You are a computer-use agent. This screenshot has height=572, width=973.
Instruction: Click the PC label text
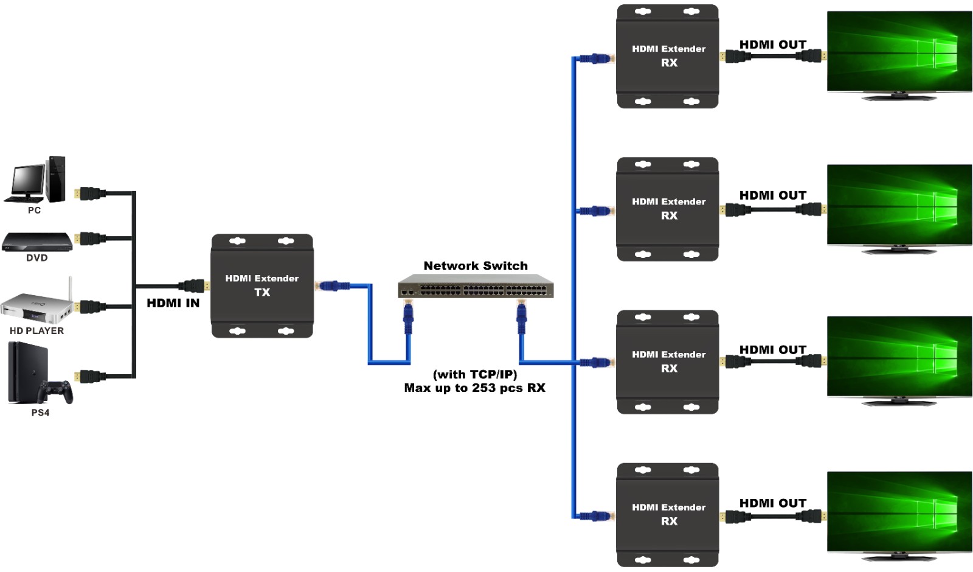[x=34, y=211]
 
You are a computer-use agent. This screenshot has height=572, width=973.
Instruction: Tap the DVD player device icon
[x=37, y=242]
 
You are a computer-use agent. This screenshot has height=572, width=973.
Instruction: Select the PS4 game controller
[x=55, y=392]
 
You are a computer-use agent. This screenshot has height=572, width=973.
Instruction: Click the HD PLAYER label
[x=37, y=331]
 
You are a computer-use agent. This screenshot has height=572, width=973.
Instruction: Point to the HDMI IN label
[x=173, y=303]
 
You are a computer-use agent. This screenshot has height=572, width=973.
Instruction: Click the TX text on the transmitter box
[x=262, y=293]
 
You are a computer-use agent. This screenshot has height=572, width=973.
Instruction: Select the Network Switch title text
[x=476, y=265]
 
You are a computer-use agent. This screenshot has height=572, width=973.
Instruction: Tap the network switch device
[x=476, y=286]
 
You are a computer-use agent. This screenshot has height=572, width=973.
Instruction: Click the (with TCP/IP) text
[x=475, y=374]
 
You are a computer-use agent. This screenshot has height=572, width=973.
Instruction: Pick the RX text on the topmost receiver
[x=670, y=63]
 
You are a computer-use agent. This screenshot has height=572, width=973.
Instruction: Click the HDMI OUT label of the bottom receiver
[x=773, y=503]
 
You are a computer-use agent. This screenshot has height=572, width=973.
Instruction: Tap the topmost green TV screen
[x=899, y=51]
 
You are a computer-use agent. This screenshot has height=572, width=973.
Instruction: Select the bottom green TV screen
[x=899, y=512]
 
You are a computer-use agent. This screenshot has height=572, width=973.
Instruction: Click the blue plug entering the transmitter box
[x=332, y=286]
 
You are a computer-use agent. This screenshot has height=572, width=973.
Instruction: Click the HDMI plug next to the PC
[x=89, y=194]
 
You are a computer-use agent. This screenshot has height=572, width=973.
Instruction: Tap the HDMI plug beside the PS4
[x=89, y=377]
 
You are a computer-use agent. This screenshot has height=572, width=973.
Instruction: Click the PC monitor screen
[x=28, y=180]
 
